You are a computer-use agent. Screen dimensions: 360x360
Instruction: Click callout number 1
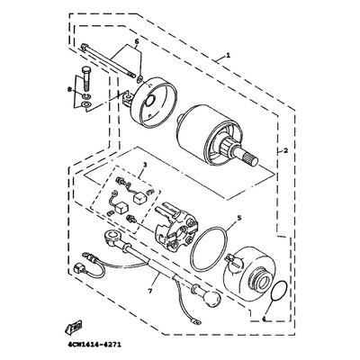(x=228, y=56)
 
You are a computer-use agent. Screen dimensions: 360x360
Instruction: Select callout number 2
(x=285, y=151)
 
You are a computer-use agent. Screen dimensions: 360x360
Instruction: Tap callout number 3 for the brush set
(x=145, y=165)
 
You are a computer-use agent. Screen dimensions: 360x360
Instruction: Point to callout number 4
(x=264, y=319)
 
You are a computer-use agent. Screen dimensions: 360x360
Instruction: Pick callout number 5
(x=238, y=218)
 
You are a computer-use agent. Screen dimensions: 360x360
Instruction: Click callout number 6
(x=137, y=41)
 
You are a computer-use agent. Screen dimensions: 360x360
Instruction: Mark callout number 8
(x=70, y=89)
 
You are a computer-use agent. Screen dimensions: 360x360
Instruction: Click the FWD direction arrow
(x=73, y=328)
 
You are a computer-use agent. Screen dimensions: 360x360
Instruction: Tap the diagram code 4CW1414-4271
(x=93, y=345)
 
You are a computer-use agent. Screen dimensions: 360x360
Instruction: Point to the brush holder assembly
(x=173, y=225)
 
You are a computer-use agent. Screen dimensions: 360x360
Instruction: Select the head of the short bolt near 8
(x=85, y=69)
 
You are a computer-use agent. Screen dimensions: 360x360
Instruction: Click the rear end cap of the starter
(x=154, y=101)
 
